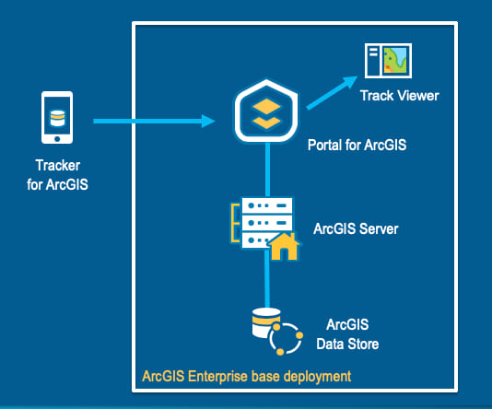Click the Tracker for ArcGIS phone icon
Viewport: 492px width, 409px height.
pos(57,118)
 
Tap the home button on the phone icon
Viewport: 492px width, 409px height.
pos(57,138)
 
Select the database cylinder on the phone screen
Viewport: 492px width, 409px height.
pos(57,118)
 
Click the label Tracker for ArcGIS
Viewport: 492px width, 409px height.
pos(57,175)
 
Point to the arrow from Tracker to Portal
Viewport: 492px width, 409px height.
pos(154,122)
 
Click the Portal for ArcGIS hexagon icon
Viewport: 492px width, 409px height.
pos(266,111)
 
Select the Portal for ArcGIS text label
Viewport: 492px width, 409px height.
pos(357,145)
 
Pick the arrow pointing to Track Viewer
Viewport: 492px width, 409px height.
pos(332,93)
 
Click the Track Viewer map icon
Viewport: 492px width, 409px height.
pos(388,61)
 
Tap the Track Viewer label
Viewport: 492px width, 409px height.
pos(400,96)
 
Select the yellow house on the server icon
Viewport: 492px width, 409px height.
pos(284,247)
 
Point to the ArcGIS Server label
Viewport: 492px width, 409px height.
pos(356,228)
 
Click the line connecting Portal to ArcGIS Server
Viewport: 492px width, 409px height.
pos(267,169)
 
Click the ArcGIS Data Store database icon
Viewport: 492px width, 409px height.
pos(277,332)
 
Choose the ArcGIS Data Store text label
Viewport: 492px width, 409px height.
pos(347,334)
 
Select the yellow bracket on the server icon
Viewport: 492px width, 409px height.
pos(235,223)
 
